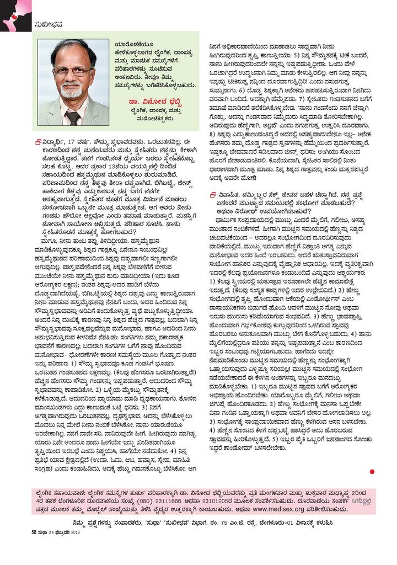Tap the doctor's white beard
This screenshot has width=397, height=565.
pyautogui.click(x=72, y=90)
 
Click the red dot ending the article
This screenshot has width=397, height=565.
pyautogui.click(x=372, y=471)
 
